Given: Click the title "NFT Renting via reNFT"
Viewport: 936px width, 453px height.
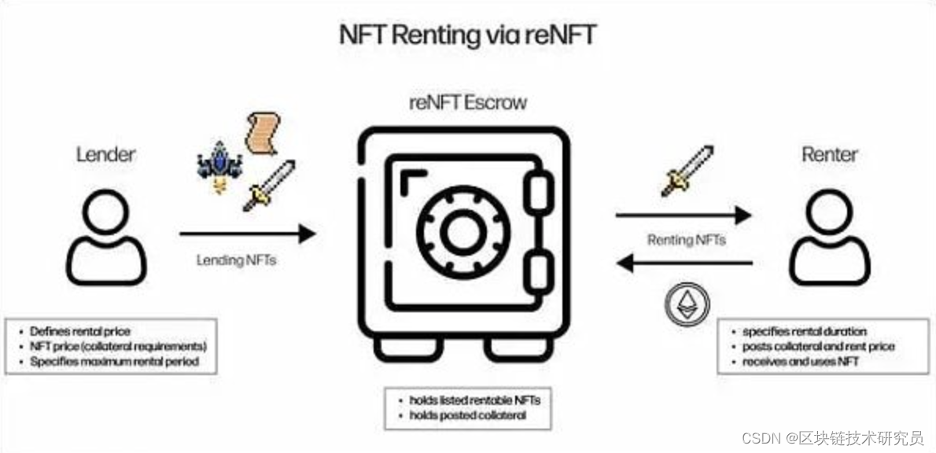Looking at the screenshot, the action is (468, 35).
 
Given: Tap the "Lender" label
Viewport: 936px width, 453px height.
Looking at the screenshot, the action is (105, 154).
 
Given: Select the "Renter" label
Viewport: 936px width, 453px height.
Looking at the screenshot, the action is (829, 154).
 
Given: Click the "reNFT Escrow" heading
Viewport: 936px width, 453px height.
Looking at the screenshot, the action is (468, 102).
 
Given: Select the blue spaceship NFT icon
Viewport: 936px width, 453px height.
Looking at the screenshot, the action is (219, 164).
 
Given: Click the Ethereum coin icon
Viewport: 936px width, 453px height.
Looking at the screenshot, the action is (687, 305).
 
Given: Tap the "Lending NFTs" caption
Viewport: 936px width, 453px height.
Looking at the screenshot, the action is (236, 260).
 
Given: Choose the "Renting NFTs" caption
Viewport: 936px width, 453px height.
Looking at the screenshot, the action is (686, 240).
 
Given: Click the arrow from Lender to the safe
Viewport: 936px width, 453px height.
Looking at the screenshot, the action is (247, 233).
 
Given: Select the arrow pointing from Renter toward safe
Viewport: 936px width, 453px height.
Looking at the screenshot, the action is (684, 263).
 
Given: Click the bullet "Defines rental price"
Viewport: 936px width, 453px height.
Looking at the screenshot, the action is (80, 331).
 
